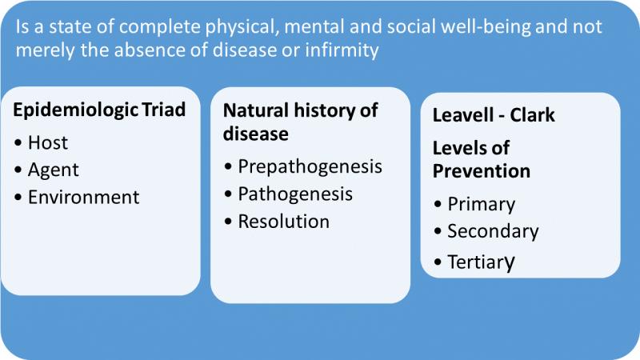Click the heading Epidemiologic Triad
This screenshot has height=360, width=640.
tap(99, 110)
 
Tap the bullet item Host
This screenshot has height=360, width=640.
tap(48, 143)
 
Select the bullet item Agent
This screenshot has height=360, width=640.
tap(53, 170)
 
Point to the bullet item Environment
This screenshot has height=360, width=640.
tap(84, 197)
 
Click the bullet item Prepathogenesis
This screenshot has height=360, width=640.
tap(310, 167)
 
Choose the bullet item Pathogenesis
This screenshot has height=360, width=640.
tap(295, 194)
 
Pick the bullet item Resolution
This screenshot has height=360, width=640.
tap(284, 222)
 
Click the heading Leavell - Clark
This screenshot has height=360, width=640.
tap(494, 115)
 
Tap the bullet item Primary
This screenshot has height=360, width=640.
tap(482, 205)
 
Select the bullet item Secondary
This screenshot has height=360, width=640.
tap(493, 231)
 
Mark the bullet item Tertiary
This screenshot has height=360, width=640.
tap(482, 262)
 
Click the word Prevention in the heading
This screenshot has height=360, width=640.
tap(482, 171)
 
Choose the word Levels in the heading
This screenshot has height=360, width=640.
tap(457, 148)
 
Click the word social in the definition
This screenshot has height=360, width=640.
tap(414, 27)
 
